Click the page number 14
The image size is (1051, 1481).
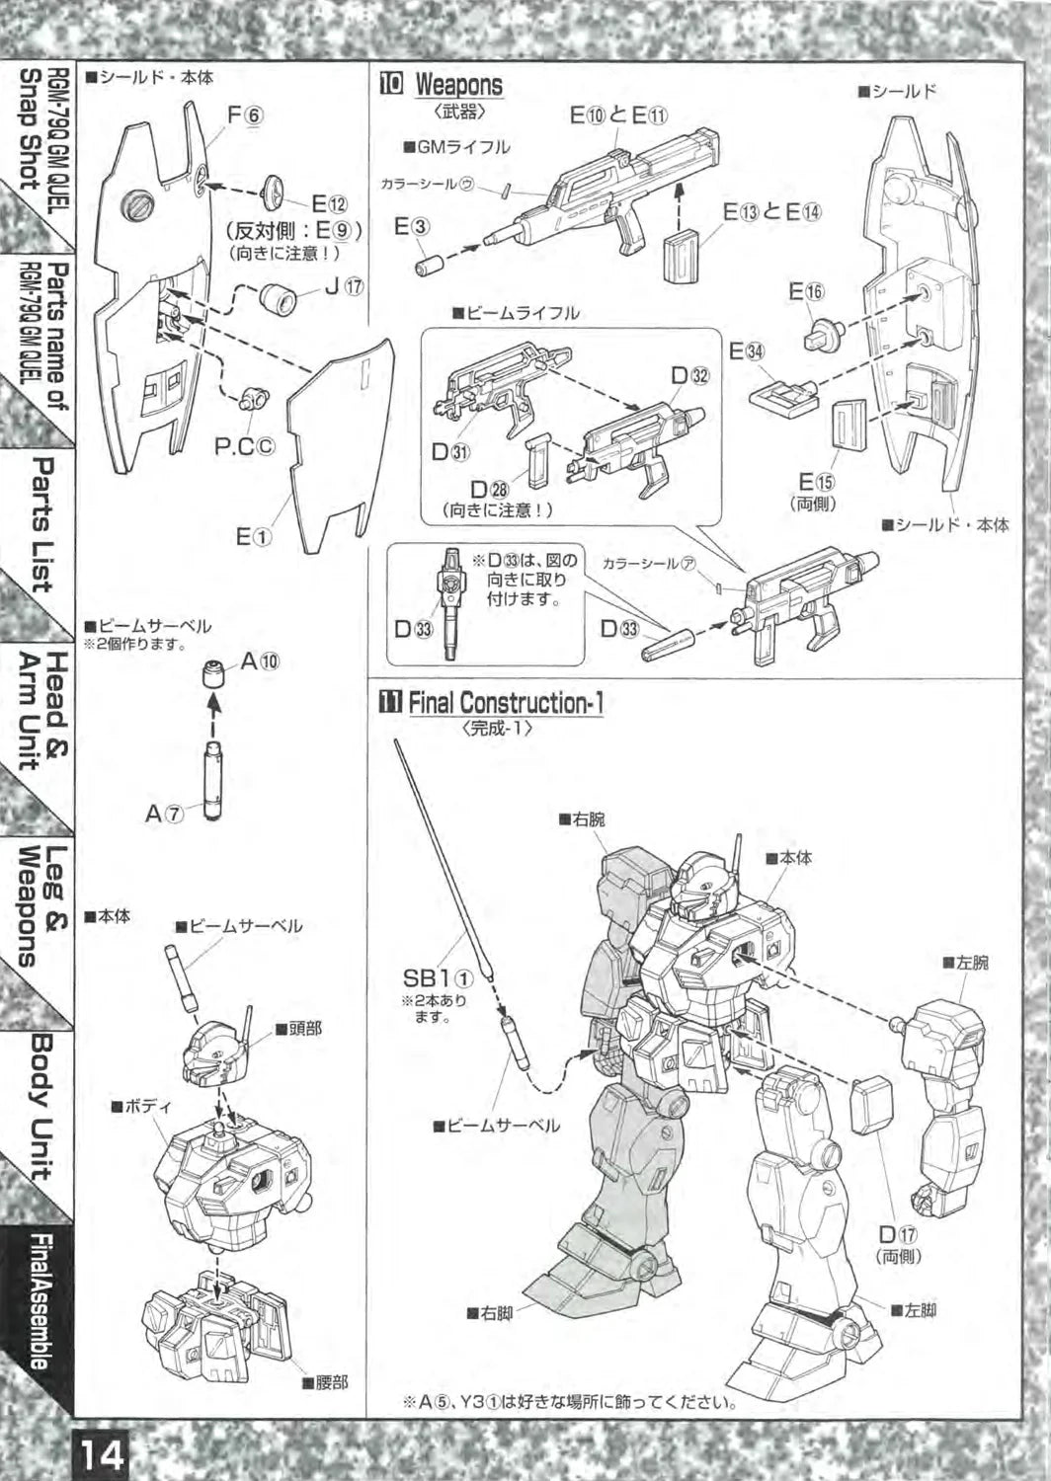pos(104,1454)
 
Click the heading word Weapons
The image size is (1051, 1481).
pos(458,85)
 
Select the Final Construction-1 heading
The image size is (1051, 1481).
pos(505,703)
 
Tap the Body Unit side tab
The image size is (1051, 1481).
pos(42,1106)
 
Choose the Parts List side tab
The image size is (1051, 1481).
pos(42,523)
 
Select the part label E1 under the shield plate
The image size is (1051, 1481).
pos(254,536)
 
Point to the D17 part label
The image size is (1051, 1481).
pos(898,1234)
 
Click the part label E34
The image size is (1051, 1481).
pos(747,351)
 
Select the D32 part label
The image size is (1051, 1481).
pos(689,375)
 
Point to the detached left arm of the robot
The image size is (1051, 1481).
pos(947,1096)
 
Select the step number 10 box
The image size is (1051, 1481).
pos(391,85)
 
